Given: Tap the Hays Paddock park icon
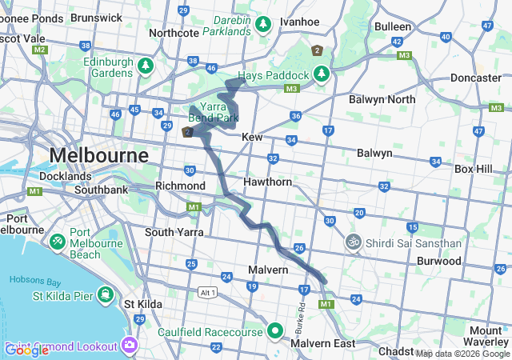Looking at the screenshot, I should coord(322,74).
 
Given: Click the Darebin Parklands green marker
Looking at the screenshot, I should coord(263,26).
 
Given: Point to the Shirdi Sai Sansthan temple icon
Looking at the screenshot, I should coord(353,242).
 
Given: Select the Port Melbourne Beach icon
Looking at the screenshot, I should coord(58,241).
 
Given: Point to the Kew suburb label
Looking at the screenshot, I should coord(252,138).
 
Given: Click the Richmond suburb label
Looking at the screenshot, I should coord(180,186).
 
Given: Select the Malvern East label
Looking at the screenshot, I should coord(322,343).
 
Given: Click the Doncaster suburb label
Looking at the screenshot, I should coord(475,78).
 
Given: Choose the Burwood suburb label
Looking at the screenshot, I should coord(438,261).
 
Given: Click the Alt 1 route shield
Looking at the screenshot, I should coord(209,291).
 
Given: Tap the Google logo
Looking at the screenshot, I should coord(26,350).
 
